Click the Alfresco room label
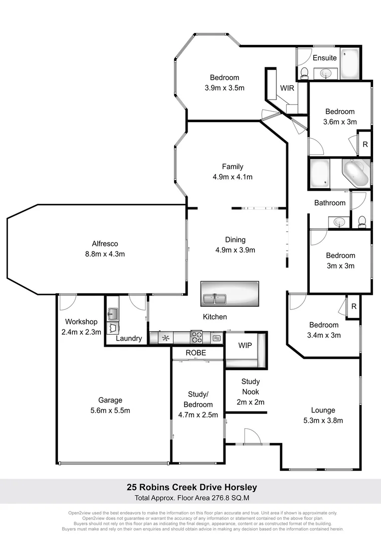pyautogui.click(x=105, y=244)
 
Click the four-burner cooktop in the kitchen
pyautogui.click(x=195, y=338)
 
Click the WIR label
pyautogui.click(x=287, y=88)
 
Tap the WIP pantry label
pyautogui.click(x=245, y=345)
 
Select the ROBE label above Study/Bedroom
pyautogui.click(x=196, y=352)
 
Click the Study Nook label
pyautogui.click(x=250, y=387)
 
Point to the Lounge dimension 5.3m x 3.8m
pyautogui.click(x=323, y=420)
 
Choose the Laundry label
pyautogui.click(x=129, y=339)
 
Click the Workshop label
pyautogui.click(x=81, y=322)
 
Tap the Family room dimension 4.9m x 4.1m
pyautogui.click(x=233, y=177)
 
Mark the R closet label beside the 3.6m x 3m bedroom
pyautogui.click(x=365, y=144)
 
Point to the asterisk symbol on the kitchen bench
pyautogui.click(x=166, y=338)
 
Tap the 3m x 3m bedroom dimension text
pyautogui.click(x=341, y=266)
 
